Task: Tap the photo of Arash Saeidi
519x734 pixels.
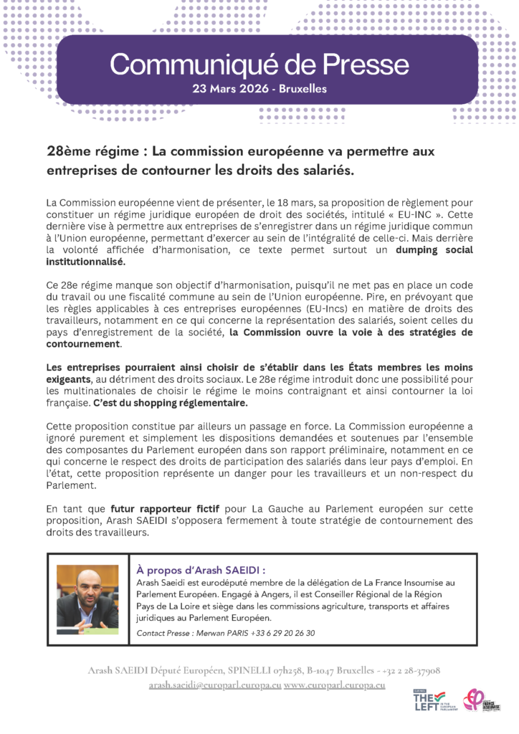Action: click(x=87, y=596)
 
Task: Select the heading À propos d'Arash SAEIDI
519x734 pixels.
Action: click(x=201, y=571)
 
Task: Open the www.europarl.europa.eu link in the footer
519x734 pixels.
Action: click(x=335, y=685)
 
